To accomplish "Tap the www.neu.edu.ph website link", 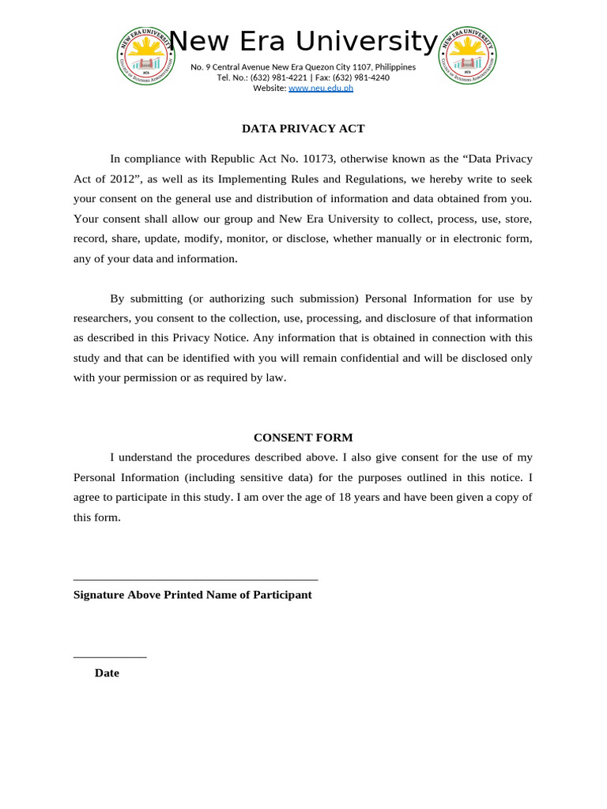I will [x=321, y=88].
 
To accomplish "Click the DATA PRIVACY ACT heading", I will [x=303, y=129].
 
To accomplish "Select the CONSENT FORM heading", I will [x=303, y=438].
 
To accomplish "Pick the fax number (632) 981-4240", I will [x=364, y=77].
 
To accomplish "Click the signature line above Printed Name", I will [x=195, y=580].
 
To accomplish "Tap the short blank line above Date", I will [x=110, y=657].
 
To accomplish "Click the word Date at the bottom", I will [x=107, y=673].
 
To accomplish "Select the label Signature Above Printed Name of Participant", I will [x=192, y=595].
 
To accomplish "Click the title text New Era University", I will [x=303, y=41].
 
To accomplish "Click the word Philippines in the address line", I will [x=395, y=67].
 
